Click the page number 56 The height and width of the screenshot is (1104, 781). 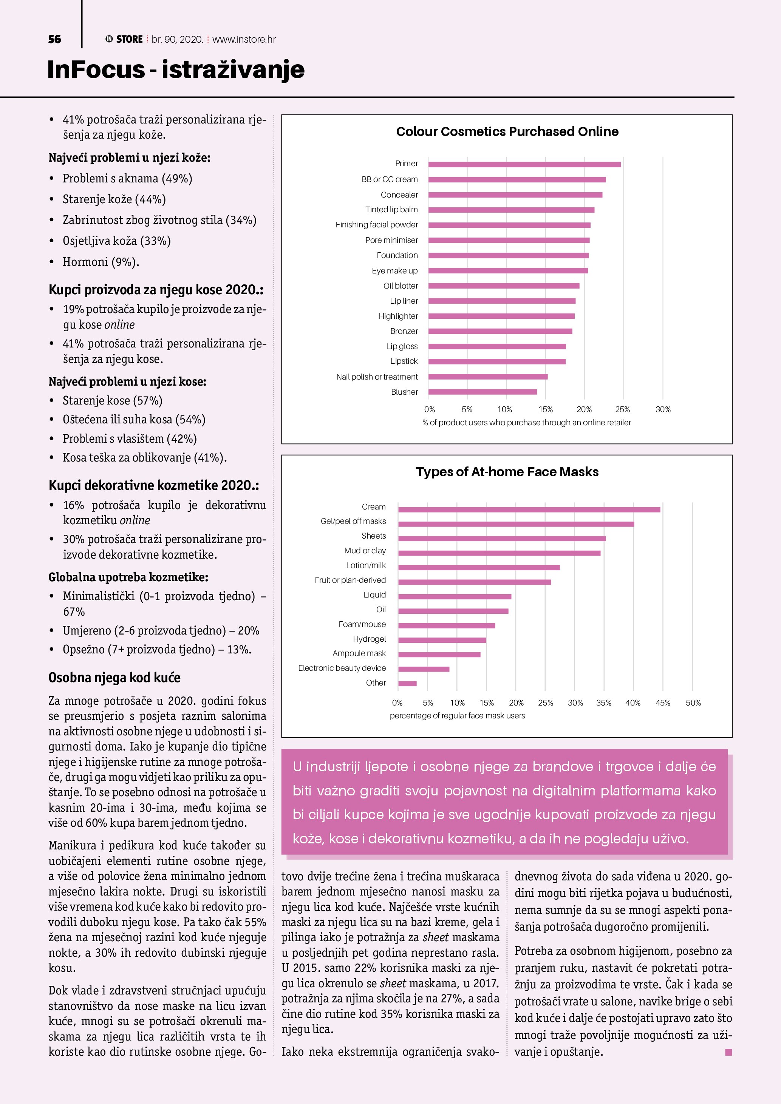point(54,39)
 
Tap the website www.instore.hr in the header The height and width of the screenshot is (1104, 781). point(244,39)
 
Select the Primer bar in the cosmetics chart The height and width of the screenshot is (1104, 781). point(524,164)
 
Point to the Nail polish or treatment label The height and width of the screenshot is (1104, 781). point(377,377)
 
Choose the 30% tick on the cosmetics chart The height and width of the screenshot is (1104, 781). point(663,409)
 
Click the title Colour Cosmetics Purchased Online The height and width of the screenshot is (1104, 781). point(507,132)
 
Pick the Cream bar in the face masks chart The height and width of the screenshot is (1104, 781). point(529,510)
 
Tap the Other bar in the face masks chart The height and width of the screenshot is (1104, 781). point(407,683)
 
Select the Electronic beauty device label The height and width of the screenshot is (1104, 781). point(342,668)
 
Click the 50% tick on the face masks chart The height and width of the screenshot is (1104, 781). point(693,703)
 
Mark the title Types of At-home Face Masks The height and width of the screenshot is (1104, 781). point(507,472)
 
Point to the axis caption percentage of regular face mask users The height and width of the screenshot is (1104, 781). point(457,715)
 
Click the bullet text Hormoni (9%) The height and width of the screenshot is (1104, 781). point(101,262)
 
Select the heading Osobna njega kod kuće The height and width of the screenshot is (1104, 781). point(114,678)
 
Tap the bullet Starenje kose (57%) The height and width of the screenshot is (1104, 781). point(113,400)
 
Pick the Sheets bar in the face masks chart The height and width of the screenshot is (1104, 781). point(502,539)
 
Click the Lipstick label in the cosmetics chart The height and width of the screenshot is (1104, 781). point(404,361)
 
